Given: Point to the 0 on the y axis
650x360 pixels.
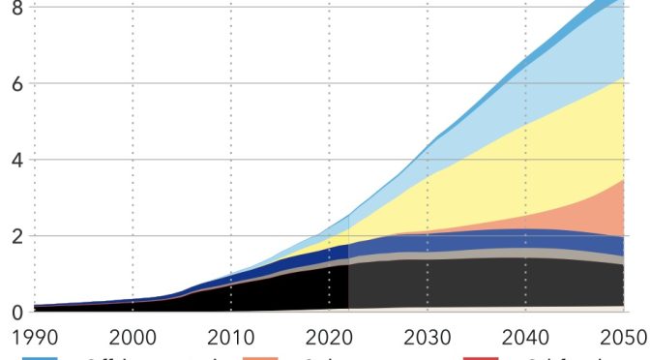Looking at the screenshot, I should pyautogui.click(x=15, y=312).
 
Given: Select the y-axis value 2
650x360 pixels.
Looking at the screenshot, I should pyautogui.click(x=15, y=236).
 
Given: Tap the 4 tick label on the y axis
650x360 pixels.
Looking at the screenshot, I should pyautogui.click(x=15, y=160).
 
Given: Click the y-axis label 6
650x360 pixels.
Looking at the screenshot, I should pyautogui.click(x=15, y=83).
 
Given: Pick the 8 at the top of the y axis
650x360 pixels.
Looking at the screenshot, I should pyautogui.click(x=15, y=9).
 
